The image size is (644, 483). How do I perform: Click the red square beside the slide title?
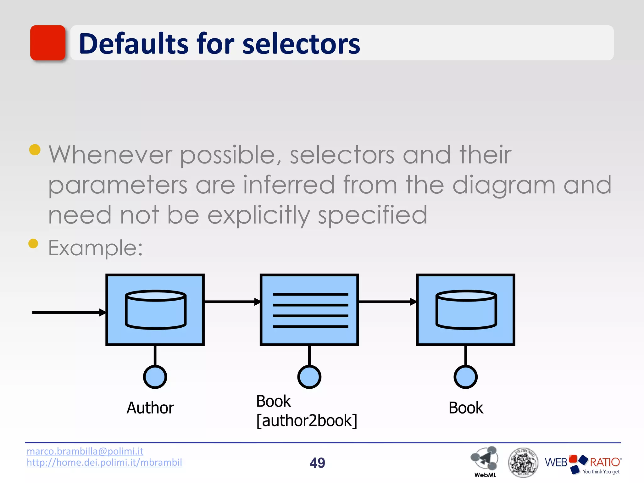(48, 43)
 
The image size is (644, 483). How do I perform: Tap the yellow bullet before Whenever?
(35, 150)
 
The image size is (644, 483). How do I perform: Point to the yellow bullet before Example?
(33, 243)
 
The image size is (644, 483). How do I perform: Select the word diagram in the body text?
(504, 186)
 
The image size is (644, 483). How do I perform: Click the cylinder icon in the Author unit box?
(155, 309)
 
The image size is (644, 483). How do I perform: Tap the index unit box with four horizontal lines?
(309, 310)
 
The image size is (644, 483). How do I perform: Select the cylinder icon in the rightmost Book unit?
(466, 309)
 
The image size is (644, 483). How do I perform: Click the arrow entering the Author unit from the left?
(69, 312)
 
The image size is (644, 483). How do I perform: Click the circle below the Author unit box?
(155, 377)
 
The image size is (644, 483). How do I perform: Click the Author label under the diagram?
(150, 408)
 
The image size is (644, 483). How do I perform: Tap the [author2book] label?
(307, 421)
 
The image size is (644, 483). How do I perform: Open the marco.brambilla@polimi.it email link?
(85, 451)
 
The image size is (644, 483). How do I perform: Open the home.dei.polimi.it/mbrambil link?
(104, 462)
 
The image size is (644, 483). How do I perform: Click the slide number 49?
(317, 463)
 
